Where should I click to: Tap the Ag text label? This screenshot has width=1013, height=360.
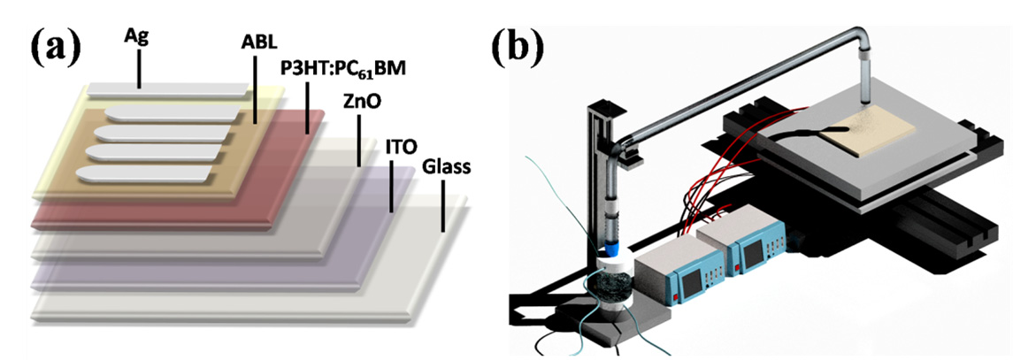(x=139, y=40)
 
